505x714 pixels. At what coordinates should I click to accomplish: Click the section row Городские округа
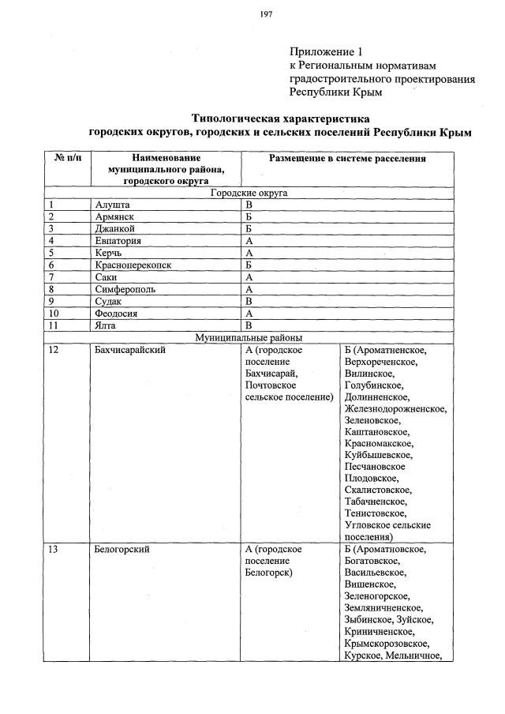coord(249,192)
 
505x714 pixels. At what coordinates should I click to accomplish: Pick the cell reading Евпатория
coord(117,240)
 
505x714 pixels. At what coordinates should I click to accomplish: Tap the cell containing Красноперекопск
coord(132,265)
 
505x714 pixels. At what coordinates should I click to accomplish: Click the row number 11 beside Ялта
coord(54,325)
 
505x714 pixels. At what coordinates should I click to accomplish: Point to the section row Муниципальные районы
coord(249,337)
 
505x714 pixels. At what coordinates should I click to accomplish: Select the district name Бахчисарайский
coord(129,351)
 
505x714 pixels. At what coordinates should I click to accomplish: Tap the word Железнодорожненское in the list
coord(395,409)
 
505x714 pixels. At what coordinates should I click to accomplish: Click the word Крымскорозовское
coord(389,644)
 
